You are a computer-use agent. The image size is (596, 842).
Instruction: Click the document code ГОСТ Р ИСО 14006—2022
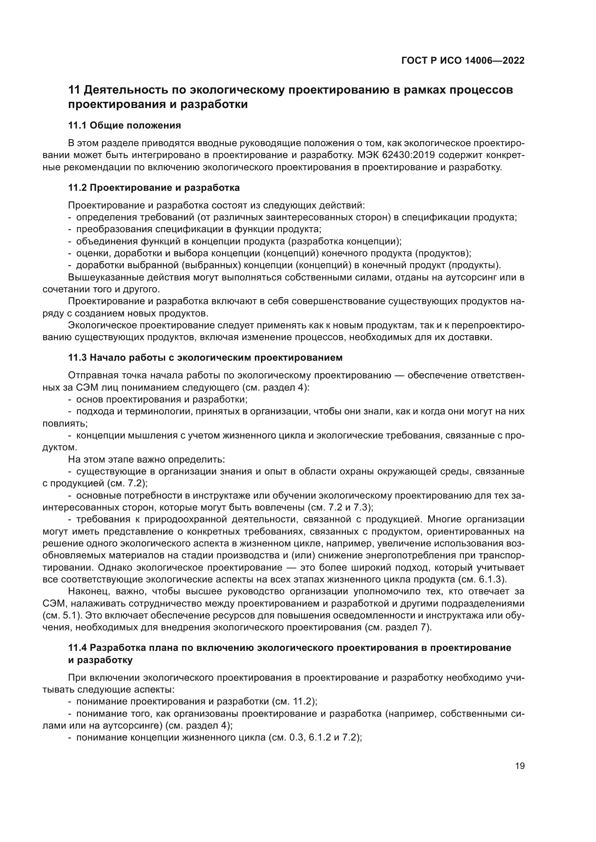[x=463, y=60]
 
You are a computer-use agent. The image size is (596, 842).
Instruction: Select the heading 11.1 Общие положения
[x=124, y=125]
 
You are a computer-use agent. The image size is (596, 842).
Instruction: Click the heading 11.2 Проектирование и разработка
[x=154, y=188]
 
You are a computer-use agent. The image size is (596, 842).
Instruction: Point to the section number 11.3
[x=77, y=357]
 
